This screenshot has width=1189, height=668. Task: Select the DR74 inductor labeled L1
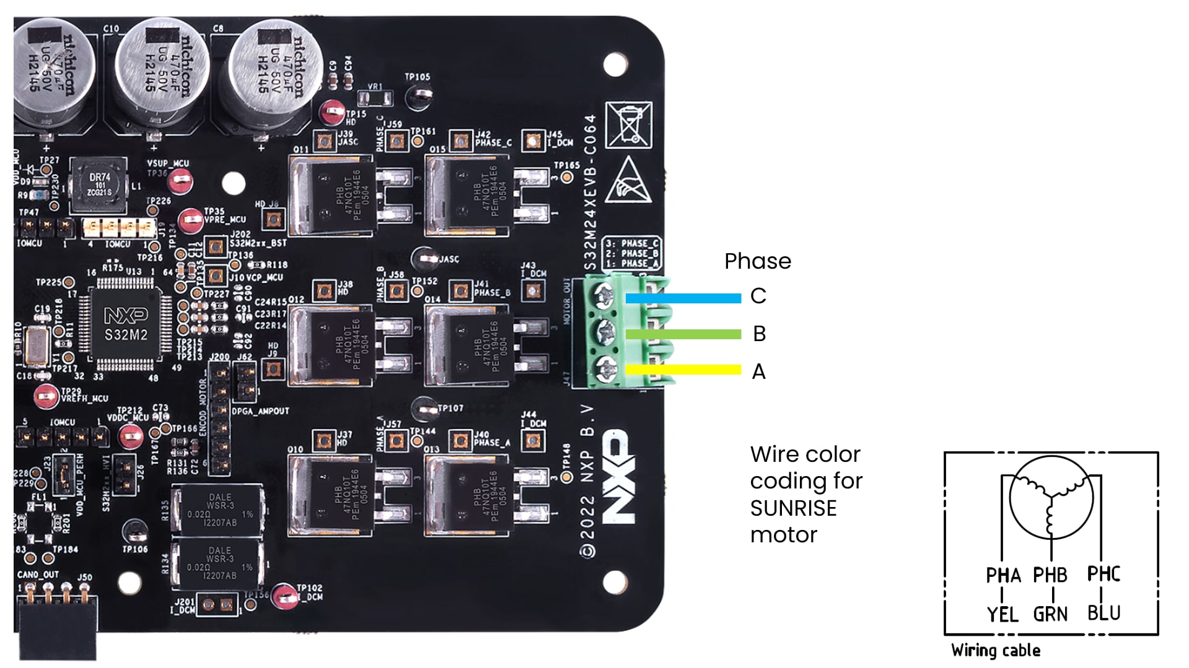(x=99, y=184)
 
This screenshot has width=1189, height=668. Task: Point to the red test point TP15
(x=331, y=112)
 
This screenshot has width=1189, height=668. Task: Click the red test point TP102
(x=285, y=595)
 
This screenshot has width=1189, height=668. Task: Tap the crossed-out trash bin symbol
(x=628, y=125)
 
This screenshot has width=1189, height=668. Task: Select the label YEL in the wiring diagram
(x=1002, y=614)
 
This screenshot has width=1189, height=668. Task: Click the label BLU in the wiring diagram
(x=1103, y=613)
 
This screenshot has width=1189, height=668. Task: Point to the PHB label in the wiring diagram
(x=1050, y=575)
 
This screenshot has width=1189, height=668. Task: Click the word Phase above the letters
(x=757, y=261)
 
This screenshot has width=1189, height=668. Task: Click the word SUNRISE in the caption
(x=793, y=508)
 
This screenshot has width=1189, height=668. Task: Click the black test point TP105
(x=419, y=95)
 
